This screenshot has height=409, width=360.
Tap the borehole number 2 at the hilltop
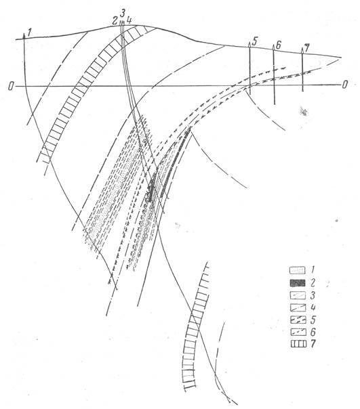[115, 21]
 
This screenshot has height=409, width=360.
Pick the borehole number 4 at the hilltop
[129, 20]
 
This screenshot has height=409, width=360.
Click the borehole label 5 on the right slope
[255, 41]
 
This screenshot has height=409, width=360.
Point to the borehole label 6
[278, 45]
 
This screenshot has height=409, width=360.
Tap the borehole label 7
[306, 48]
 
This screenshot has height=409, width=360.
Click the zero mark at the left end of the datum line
[10, 86]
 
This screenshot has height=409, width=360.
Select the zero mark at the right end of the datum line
[345, 85]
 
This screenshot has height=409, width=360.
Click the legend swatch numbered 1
[298, 270]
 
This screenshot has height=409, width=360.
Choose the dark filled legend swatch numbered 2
[298, 283]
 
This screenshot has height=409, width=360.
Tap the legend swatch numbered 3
[298, 295]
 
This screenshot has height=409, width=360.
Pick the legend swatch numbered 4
[298, 308]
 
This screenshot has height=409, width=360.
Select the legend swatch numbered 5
[298, 320]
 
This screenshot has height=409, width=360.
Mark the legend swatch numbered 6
[298, 332]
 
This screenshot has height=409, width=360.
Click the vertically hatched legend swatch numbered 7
[298, 344]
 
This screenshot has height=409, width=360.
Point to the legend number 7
[313, 344]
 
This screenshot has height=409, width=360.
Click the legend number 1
[312, 270]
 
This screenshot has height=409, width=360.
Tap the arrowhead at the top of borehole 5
[249, 44]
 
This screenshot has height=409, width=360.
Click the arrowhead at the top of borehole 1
[24, 36]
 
